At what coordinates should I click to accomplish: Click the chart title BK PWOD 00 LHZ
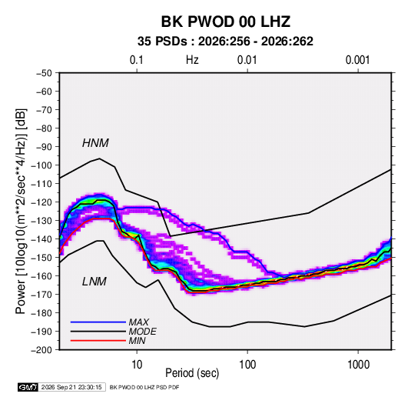click(x=225, y=22)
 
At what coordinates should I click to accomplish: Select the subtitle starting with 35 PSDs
click(x=225, y=42)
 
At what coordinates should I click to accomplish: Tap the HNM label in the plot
click(x=95, y=143)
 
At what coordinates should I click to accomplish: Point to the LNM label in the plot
click(x=94, y=282)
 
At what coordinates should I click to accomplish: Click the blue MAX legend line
click(x=98, y=322)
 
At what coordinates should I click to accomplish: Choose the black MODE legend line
click(x=98, y=332)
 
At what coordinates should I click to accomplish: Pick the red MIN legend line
click(x=98, y=341)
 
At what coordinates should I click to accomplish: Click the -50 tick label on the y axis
click(x=44, y=73)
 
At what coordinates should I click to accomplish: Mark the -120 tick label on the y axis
click(x=41, y=202)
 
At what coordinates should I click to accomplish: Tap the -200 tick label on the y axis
click(x=41, y=350)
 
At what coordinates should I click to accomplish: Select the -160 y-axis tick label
click(x=41, y=276)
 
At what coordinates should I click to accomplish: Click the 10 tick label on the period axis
click(x=137, y=365)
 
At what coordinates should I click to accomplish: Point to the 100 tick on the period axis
click(x=247, y=365)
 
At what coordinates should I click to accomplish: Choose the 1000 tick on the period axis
click(x=358, y=365)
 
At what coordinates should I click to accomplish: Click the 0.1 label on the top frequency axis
click(x=137, y=60)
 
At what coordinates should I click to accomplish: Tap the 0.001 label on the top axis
click(x=357, y=60)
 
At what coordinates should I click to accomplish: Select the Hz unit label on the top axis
click(x=192, y=60)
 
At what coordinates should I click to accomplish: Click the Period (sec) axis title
click(x=192, y=373)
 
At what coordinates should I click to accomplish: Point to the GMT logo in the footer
click(x=28, y=387)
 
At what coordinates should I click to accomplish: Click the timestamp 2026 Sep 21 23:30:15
click(x=71, y=387)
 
